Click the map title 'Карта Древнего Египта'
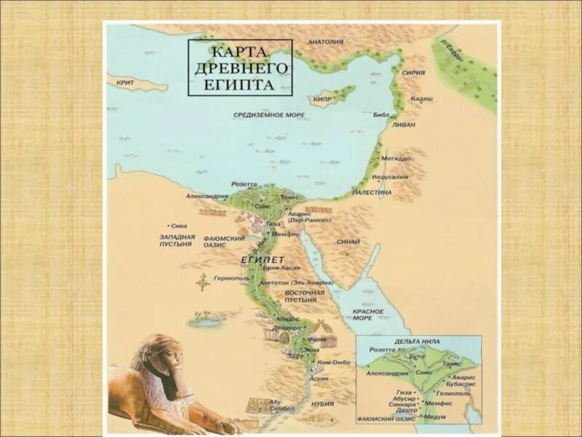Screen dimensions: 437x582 pyautogui.click(x=240, y=67)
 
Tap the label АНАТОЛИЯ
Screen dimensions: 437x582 pyautogui.click(x=325, y=42)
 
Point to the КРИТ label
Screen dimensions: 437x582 pyautogui.click(x=124, y=83)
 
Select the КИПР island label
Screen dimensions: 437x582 pyautogui.click(x=323, y=98)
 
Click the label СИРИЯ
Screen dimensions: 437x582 pyautogui.click(x=413, y=73)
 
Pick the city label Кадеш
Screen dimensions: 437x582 pyautogui.click(x=422, y=98)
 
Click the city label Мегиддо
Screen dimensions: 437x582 pyautogui.click(x=397, y=158)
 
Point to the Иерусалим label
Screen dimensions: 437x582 pyautogui.click(x=390, y=177)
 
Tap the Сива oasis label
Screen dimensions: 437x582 pyautogui.click(x=177, y=226)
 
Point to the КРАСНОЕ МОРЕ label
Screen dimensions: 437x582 pyautogui.click(x=367, y=315)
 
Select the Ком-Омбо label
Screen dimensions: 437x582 pyautogui.click(x=334, y=362)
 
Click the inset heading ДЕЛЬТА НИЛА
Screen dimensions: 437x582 pyautogui.click(x=414, y=340)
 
